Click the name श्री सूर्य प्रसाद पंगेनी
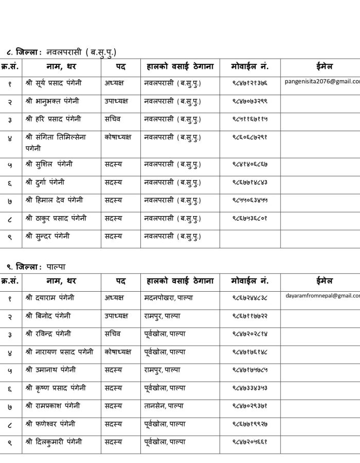point(53,82)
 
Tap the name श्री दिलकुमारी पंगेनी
point(53,442)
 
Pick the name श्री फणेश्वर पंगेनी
point(50,424)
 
